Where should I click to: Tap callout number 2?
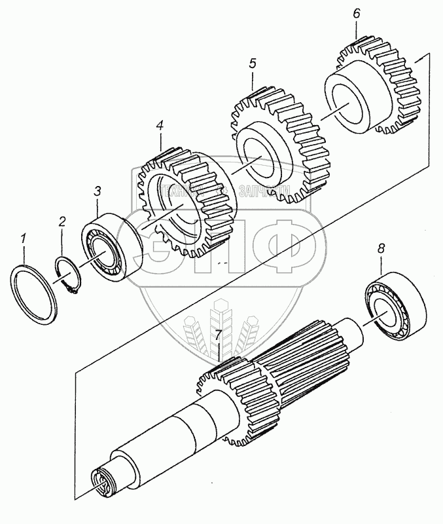(x=62, y=221)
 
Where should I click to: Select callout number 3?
(x=97, y=191)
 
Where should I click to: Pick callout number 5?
(x=253, y=64)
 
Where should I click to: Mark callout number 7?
(x=219, y=335)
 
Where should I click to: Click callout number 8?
(x=381, y=250)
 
